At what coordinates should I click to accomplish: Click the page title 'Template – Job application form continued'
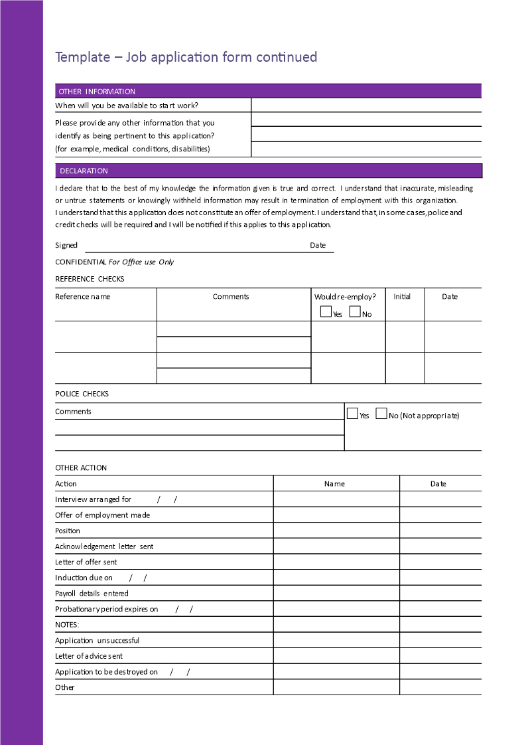point(186,57)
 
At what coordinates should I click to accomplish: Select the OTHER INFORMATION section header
point(97,92)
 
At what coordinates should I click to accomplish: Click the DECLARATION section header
point(84,171)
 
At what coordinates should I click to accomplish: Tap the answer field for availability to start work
point(366,106)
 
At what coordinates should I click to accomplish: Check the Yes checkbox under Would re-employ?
point(326,311)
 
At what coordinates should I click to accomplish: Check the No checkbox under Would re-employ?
point(355,311)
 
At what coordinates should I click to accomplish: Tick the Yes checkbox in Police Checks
point(353,414)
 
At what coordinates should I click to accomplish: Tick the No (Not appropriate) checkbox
point(381,414)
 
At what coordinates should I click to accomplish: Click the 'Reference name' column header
point(83,297)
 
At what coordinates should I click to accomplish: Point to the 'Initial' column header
point(402,297)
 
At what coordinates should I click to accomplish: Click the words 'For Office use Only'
point(141,262)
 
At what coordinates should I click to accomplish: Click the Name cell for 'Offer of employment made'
point(336,515)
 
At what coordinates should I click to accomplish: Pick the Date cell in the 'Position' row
point(440,531)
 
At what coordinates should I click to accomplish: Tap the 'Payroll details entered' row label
point(92,594)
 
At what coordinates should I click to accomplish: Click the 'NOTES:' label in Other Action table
point(67,625)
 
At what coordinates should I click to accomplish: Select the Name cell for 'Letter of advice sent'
point(336,656)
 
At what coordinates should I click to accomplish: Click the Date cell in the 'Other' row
point(440,687)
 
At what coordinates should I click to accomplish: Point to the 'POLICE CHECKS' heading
point(82,394)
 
